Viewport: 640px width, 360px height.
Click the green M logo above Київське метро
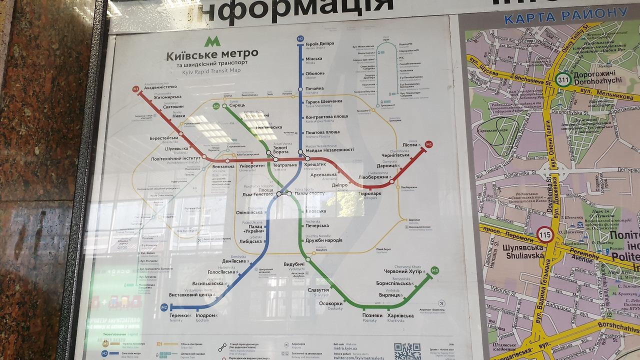click(212, 41)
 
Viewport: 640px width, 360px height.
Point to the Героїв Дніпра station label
click(319, 44)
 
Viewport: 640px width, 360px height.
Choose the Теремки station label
click(179, 315)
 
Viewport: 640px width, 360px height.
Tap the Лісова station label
click(410, 144)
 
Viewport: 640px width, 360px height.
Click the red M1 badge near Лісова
click(428, 144)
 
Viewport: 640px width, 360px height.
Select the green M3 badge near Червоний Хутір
click(434, 271)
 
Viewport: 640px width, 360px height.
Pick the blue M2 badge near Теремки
click(164, 307)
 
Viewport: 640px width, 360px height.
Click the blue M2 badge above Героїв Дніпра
click(300, 38)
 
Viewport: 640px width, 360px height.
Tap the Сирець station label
click(237, 106)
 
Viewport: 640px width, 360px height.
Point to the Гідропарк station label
click(369, 193)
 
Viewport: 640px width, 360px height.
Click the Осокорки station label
click(330, 303)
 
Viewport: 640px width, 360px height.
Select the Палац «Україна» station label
click(253, 228)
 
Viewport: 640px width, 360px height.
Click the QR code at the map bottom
click(407, 351)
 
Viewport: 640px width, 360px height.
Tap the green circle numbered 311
click(563, 79)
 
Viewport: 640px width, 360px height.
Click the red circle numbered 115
click(545, 234)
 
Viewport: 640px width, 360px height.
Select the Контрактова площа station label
click(326, 116)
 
